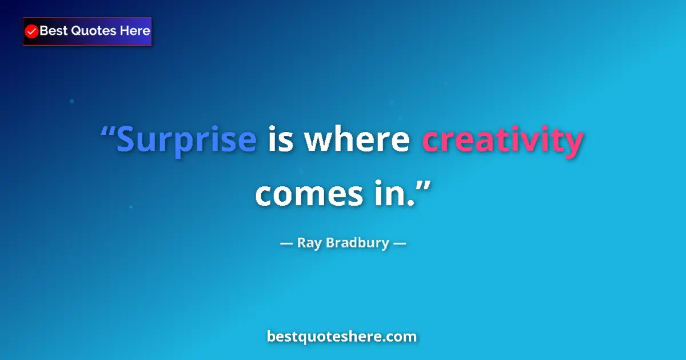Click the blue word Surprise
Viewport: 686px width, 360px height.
[x=186, y=141]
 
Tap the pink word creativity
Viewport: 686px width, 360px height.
[x=502, y=141]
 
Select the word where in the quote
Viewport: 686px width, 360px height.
[x=357, y=139]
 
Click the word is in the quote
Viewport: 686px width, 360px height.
[x=280, y=139]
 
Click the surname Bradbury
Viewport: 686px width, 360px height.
[x=358, y=243]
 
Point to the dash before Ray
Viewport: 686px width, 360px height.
[x=286, y=243]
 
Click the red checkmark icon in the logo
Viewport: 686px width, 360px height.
[x=32, y=31]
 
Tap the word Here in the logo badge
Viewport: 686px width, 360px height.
[x=135, y=31]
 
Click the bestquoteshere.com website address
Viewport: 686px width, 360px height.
[x=342, y=337]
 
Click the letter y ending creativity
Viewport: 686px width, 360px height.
[x=574, y=143]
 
